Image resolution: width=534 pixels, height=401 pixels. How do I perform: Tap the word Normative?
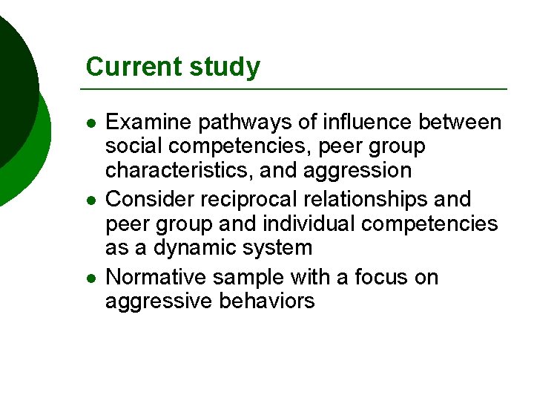tap(156, 277)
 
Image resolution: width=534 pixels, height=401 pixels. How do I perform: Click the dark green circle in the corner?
tap(11, 82)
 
